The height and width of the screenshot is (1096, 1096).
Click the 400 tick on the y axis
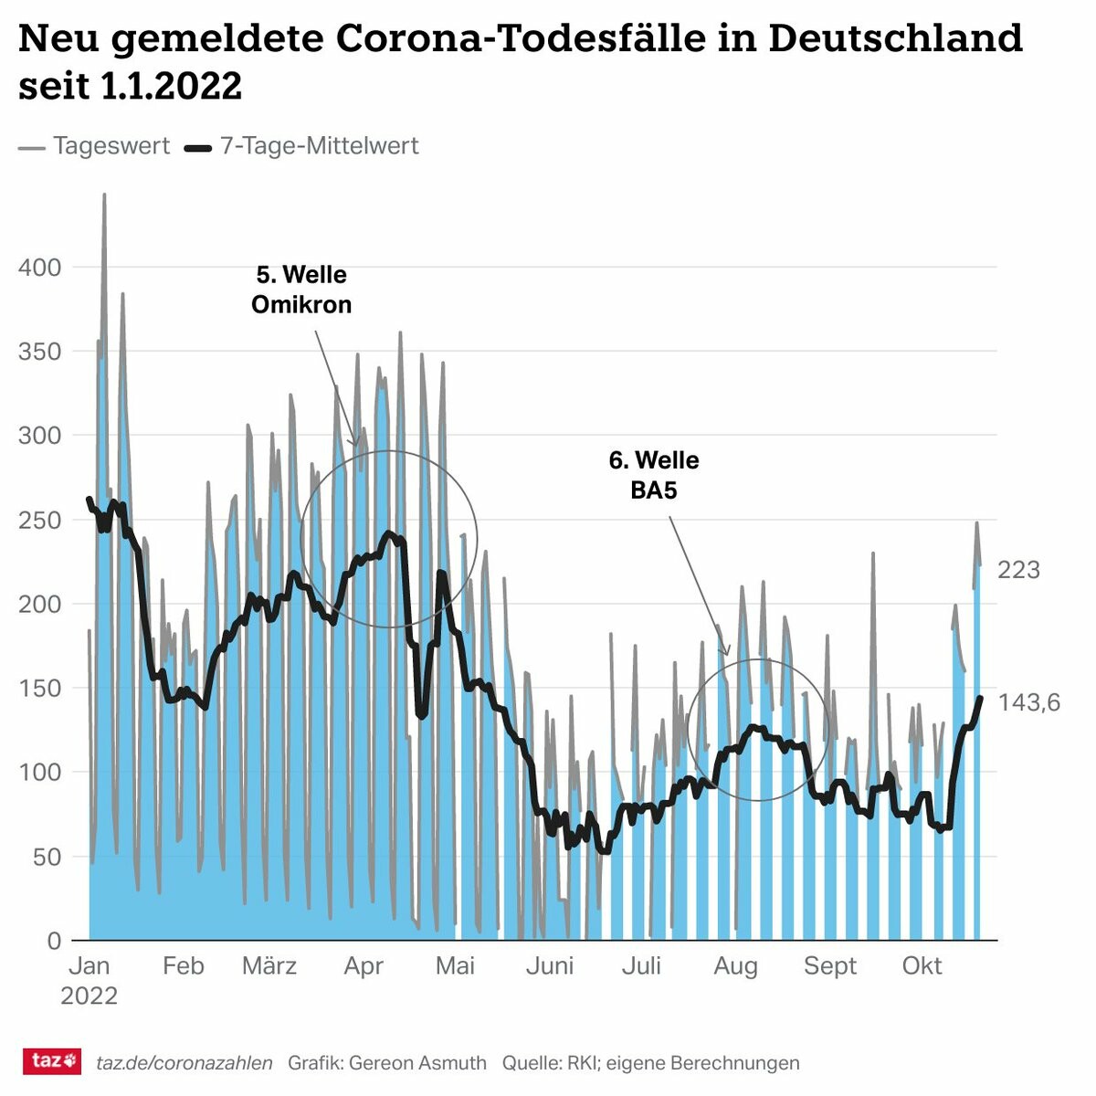39,268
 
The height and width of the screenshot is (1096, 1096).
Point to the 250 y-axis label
39,520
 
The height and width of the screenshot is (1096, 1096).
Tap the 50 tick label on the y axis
46,857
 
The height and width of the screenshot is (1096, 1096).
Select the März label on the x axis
269,966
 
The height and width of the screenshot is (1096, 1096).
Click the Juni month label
550,966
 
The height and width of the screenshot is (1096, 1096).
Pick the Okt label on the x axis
922,966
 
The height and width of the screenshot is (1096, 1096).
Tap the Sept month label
830,966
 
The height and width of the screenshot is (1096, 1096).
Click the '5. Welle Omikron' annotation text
301,290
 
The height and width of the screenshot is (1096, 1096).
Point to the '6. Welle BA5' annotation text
654,475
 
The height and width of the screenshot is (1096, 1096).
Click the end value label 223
1018,570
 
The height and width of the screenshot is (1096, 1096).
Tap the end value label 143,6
1029,702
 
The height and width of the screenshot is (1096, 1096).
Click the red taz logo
52,1061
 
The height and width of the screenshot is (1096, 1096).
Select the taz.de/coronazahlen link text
184,1063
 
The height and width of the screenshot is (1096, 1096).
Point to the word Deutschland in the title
895,39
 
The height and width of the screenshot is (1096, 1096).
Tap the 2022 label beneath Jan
89,996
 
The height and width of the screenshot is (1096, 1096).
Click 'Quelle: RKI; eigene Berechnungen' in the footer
650,1063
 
